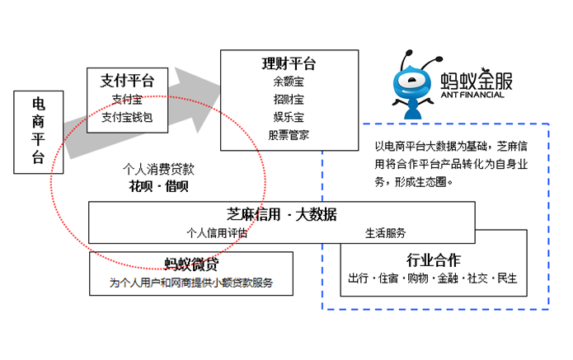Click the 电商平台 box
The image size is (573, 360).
tap(38, 130)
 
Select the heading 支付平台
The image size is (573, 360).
tap(128, 82)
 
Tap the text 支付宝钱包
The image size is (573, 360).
tap(128, 117)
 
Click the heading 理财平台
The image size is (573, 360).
tap(289, 64)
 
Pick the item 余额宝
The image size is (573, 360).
tap(289, 82)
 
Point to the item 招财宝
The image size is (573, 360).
tap(289, 100)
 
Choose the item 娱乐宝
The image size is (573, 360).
tap(289, 117)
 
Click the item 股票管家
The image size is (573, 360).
tap(289, 134)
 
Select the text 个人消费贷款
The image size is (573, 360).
tap(158, 170)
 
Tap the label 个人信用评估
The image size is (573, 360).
tap(217, 232)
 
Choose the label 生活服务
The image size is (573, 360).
tap(385, 232)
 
